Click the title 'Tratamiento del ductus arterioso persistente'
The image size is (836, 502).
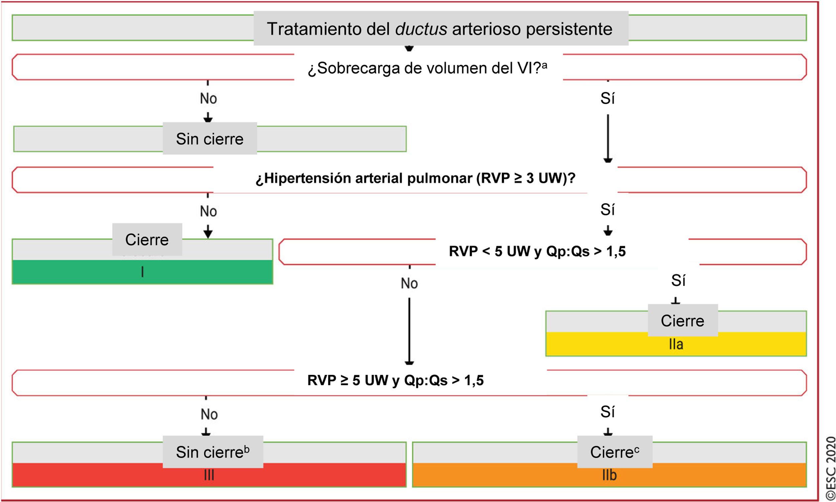440,29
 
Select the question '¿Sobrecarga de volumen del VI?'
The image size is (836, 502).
427,68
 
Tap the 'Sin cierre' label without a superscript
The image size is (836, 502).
210,139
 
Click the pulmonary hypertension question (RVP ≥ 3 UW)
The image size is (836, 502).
415,179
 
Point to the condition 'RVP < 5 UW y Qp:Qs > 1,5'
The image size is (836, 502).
537,252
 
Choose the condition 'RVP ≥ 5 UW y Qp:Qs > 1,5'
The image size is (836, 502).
395,380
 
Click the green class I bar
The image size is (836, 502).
142,272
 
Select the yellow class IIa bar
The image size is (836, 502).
676,344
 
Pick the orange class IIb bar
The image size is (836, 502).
609,476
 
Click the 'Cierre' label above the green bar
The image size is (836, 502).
147,239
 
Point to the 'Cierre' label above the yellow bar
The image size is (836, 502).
683,321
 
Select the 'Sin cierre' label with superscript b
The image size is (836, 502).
213,452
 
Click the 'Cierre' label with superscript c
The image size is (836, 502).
615,452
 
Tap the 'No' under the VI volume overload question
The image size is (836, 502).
208,98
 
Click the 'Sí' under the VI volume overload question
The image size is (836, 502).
607,98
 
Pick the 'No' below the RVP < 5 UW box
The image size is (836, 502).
409,283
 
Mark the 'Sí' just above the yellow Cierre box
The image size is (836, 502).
678,280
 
